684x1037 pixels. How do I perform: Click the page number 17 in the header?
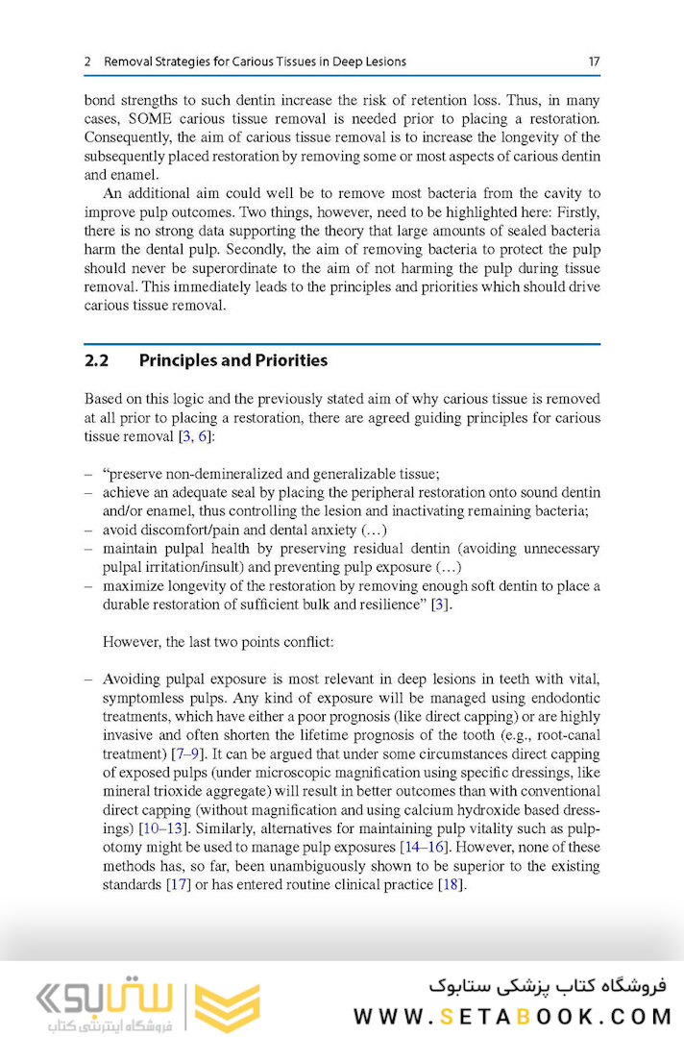pos(594,62)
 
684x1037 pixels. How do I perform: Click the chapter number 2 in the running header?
pos(87,62)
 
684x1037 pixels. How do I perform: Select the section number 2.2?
pos(97,360)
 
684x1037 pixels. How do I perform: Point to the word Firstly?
pos(575,212)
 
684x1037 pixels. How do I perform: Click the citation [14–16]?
pos(423,847)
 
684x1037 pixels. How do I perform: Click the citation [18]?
pos(450,884)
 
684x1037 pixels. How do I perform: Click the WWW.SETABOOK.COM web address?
pos(508,1016)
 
